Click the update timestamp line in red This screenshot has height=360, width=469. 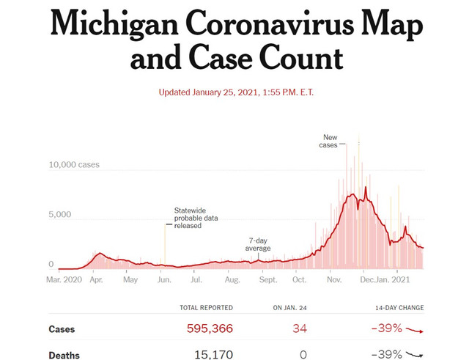pos(234,92)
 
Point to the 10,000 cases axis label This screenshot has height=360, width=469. pos(74,165)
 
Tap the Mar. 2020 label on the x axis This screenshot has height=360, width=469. pos(64,279)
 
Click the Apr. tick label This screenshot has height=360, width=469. pos(96,279)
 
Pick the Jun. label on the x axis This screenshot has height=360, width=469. pos(164,279)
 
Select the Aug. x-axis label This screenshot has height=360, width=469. pos(232,279)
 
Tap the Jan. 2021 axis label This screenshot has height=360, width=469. pos(396,279)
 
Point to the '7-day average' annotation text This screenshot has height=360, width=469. pos(257,244)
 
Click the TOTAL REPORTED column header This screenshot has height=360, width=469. pos(206,308)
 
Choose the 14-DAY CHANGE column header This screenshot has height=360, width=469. pos(398,308)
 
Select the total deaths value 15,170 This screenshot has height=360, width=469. pos(213,355)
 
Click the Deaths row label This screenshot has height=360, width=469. pos(64,355)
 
